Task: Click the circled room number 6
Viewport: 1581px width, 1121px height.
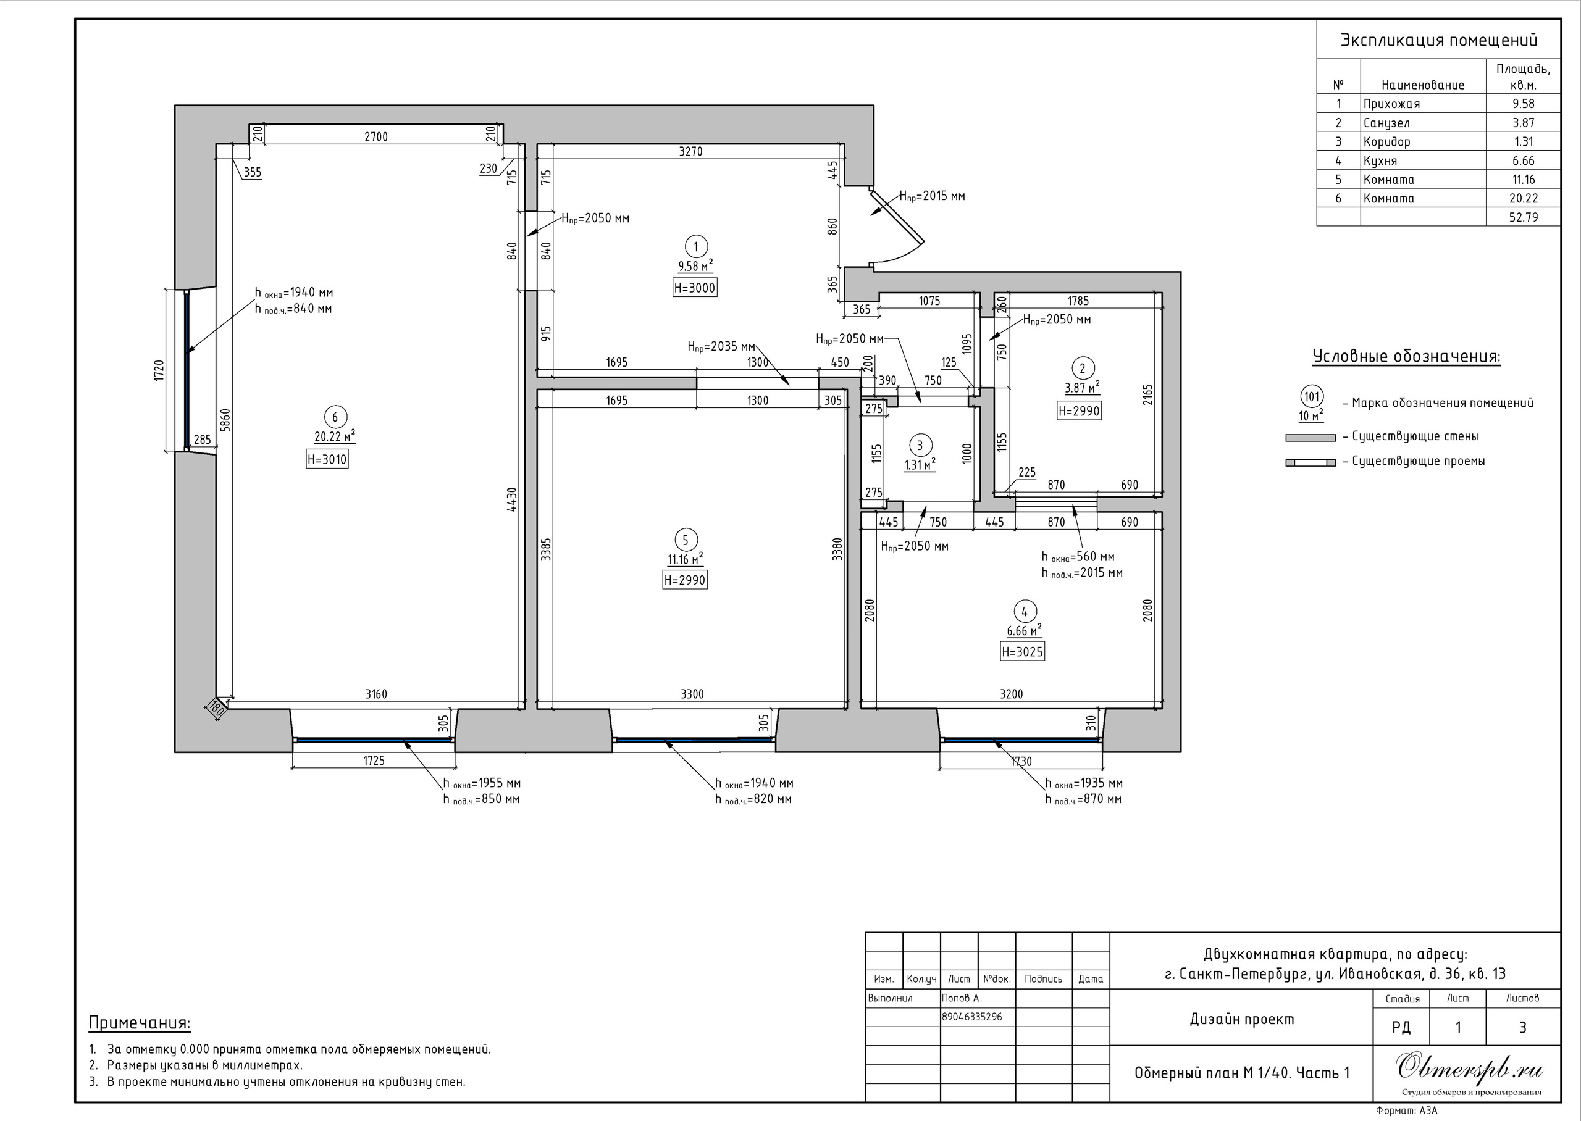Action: pos(335,417)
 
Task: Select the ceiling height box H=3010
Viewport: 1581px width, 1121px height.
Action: pos(327,460)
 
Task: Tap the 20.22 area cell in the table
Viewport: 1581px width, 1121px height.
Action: pos(1523,198)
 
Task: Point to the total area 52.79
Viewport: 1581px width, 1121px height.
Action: pos(1523,217)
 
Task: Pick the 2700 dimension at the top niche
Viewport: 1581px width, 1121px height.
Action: pos(376,136)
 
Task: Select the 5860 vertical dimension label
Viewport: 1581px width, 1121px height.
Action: pos(225,420)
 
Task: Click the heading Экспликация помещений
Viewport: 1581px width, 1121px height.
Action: pos(1439,40)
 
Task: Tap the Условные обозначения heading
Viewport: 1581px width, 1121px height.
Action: pos(1406,357)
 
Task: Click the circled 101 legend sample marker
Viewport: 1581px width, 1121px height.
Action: pos(1311,397)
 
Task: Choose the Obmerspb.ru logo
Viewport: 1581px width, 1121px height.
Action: pos(1469,1069)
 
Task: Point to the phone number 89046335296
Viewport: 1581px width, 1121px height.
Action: pos(972,1017)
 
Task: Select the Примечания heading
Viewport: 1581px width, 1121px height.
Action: pos(140,1023)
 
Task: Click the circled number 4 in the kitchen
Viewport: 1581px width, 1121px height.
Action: pos(1025,612)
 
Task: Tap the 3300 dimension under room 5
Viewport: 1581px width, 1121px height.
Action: pos(692,694)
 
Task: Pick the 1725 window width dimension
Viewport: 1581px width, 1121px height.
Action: pos(374,761)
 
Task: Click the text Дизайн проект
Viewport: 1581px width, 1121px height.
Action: pos(1242,1020)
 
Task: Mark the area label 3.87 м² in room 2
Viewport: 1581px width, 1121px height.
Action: pos(1082,388)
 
